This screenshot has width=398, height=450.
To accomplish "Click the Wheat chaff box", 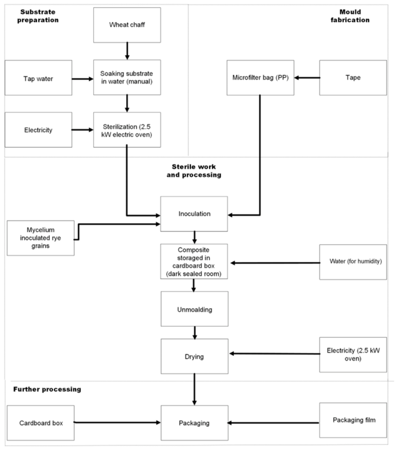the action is click(x=127, y=25).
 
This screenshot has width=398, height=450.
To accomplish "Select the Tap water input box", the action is click(x=38, y=78).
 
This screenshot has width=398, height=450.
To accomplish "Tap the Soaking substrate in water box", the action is click(x=127, y=77).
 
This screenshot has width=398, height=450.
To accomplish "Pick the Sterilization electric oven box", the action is click(x=127, y=130).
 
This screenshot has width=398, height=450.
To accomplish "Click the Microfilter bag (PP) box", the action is click(x=260, y=78).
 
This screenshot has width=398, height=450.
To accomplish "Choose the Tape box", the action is click(x=353, y=78).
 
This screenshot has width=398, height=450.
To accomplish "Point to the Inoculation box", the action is click(x=194, y=214).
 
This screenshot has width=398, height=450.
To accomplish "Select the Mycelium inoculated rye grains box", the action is click(x=40, y=238).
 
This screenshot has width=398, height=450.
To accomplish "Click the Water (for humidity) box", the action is click(x=353, y=262).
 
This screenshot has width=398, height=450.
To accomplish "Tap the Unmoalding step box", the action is click(x=195, y=309).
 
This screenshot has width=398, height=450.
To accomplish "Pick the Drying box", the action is click(x=195, y=356).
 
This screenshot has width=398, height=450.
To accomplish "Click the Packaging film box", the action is click(x=353, y=420).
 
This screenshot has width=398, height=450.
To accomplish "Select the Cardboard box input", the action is click(x=40, y=423).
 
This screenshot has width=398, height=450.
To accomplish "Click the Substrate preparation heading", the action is click(x=38, y=16).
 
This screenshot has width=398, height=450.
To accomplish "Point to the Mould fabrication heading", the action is click(x=350, y=16).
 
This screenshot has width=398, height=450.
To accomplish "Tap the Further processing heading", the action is click(x=47, y=390).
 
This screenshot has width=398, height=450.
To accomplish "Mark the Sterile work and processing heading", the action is click(x=194, y=171).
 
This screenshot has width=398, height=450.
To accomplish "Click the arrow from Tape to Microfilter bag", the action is click(x=307, y=78).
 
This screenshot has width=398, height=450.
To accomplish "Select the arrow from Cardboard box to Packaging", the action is click(x=117, y=422).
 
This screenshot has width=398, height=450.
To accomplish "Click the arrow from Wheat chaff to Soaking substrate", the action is click(x=127, y=51).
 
